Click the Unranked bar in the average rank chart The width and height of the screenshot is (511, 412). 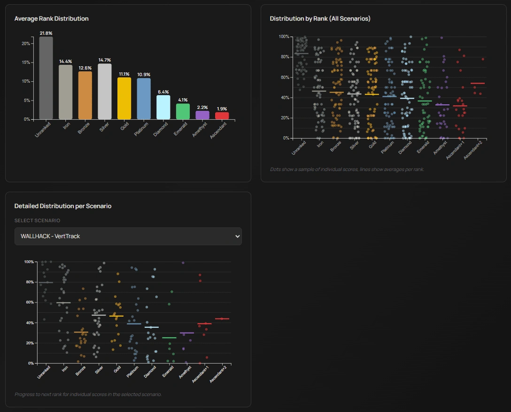coord(46,78)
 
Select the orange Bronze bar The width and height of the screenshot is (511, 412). coord(85,95)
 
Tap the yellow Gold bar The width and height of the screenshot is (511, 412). coord(124,98)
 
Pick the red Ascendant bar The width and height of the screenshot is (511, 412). coord(222,116)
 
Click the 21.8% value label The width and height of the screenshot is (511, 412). coord(46,33)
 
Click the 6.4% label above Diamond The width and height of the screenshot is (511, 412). coord(163,92)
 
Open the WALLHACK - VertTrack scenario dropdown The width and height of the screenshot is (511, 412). coord(128,236)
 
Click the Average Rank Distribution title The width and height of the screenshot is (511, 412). coord(51,19)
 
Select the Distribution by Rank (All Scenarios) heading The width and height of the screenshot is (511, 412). coord(320,19)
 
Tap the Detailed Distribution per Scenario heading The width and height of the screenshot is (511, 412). coord(63,206)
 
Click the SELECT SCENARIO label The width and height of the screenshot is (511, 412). coord(37,220)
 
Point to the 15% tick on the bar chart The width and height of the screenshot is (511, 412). coord(26,62)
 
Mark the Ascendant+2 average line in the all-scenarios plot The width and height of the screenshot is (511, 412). coord(477,84)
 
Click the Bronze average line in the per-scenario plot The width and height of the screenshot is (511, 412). coord(81,332)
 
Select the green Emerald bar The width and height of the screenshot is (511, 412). coord(183,111)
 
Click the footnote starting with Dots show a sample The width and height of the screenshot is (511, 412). coord(347,169)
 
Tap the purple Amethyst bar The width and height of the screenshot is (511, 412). coord(202,115)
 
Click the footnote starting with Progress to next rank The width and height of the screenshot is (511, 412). coord(88,394)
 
